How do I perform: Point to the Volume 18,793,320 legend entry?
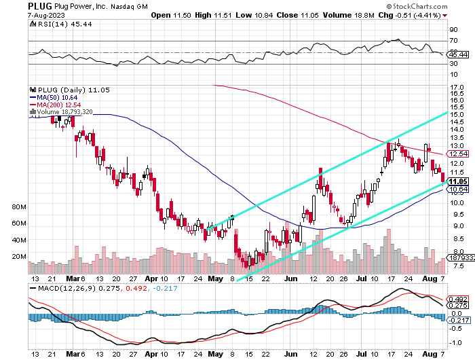(64, 111)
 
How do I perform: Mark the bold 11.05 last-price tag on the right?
(456, 181)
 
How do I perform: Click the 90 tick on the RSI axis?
(452, 30)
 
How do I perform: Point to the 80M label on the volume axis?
(19, 206)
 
